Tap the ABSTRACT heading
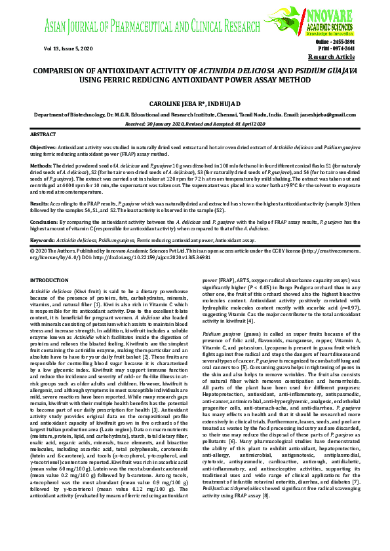[43, 133]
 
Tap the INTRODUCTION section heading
[49, 280]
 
